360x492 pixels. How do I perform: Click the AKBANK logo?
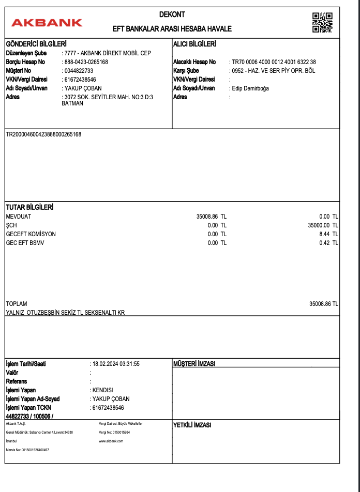tap(47, 23)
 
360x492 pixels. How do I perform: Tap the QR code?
tap(322, 22)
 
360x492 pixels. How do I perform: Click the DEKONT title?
tap(172, 15)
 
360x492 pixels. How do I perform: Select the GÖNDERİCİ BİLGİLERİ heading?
tap(36, 44)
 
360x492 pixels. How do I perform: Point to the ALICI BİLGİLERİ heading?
tap(194, 44)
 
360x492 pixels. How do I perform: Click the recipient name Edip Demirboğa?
tap(250, 88)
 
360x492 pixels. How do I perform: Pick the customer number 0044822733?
tap(79, 71)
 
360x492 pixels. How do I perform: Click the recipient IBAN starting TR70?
tap(274, 62)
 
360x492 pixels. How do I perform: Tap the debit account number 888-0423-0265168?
tap(86, 62)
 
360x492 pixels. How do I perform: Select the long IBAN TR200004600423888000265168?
tap(43, 135)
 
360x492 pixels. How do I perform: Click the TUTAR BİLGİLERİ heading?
tap(29, 207)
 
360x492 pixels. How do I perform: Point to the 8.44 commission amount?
tap(325, 234)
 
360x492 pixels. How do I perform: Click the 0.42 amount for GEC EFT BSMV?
tap(325, 243)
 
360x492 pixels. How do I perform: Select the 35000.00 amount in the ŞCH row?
tap(319, 225)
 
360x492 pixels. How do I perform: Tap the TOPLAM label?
tap(16, 304)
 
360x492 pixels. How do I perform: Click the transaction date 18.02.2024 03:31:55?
tap(116, 364)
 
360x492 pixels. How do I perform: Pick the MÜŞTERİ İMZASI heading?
tap(194, 364)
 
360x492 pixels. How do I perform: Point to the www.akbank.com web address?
tap(111, 441)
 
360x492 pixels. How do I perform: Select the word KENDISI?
tap(102, 390)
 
